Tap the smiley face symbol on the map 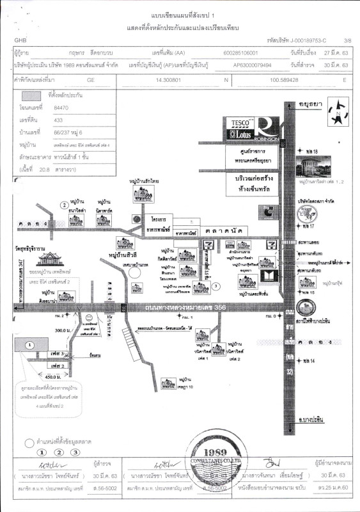coord(90,317)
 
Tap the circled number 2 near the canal coord(63,205)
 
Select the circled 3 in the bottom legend coord(75,452)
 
